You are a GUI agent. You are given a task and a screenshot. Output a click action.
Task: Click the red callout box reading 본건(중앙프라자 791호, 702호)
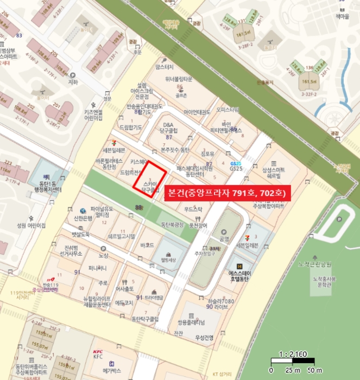(x=229, y=192)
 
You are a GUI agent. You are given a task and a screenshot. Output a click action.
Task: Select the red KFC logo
(x=98, y=351)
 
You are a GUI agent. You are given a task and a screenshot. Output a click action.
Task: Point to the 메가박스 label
(x=114, y=371)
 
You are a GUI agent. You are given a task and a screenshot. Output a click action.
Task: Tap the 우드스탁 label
(x=193, y=208)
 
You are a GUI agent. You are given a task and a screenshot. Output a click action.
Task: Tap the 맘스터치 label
(x=164, y=67)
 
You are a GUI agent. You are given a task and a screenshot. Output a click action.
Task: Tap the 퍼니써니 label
(x=98, y=268)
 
